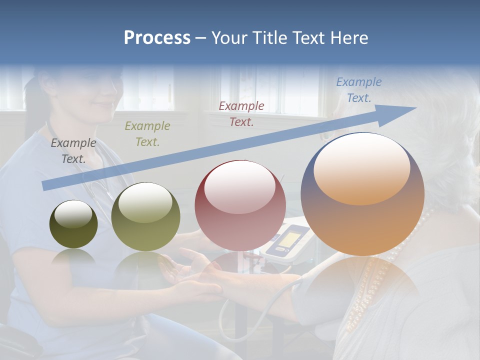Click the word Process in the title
[157, 38]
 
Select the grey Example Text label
[73, 150]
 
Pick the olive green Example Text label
[147, 133]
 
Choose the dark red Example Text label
[241, 113]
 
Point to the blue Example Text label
[358, 89]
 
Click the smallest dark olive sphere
[73, 224]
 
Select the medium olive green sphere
[145, 217]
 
